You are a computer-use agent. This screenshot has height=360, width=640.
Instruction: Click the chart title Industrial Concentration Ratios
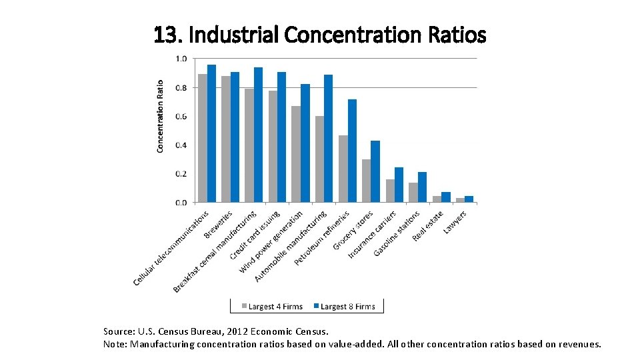click(320, 35)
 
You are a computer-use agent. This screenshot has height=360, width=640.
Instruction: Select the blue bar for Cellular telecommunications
click(211, 133)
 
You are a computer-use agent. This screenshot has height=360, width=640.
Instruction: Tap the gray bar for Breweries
click(226, 139)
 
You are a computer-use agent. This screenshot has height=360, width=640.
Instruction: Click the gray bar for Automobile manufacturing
click(320, 159)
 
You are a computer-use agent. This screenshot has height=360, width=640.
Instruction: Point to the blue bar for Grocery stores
click(375, 171)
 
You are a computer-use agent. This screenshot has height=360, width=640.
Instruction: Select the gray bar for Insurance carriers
click(390, 191)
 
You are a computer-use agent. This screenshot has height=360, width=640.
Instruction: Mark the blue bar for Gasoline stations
click(422, 187)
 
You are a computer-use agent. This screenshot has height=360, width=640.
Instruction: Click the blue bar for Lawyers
click(469, 199)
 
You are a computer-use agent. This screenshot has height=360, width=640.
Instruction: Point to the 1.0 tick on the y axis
click(181, 59)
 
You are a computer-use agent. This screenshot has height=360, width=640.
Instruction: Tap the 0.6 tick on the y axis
click(181, 117)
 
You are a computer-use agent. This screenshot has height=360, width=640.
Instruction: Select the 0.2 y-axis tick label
click(181, 174)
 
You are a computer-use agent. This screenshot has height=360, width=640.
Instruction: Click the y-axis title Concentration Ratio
click(160, 117)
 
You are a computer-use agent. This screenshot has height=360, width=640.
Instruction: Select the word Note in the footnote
click(115, 344)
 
